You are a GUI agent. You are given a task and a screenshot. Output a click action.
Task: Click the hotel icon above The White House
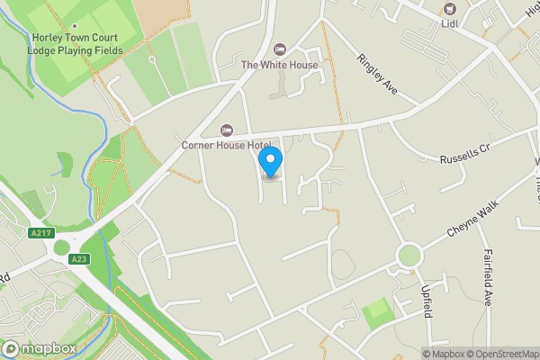279,49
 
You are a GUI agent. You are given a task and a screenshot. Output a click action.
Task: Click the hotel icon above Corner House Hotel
227,130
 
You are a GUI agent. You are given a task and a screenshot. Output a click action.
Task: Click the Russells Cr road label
463,155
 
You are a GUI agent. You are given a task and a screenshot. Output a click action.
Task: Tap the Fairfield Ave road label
488,278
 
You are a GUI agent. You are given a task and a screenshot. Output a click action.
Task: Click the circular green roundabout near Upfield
409,256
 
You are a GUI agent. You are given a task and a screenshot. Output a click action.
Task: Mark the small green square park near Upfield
379,314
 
